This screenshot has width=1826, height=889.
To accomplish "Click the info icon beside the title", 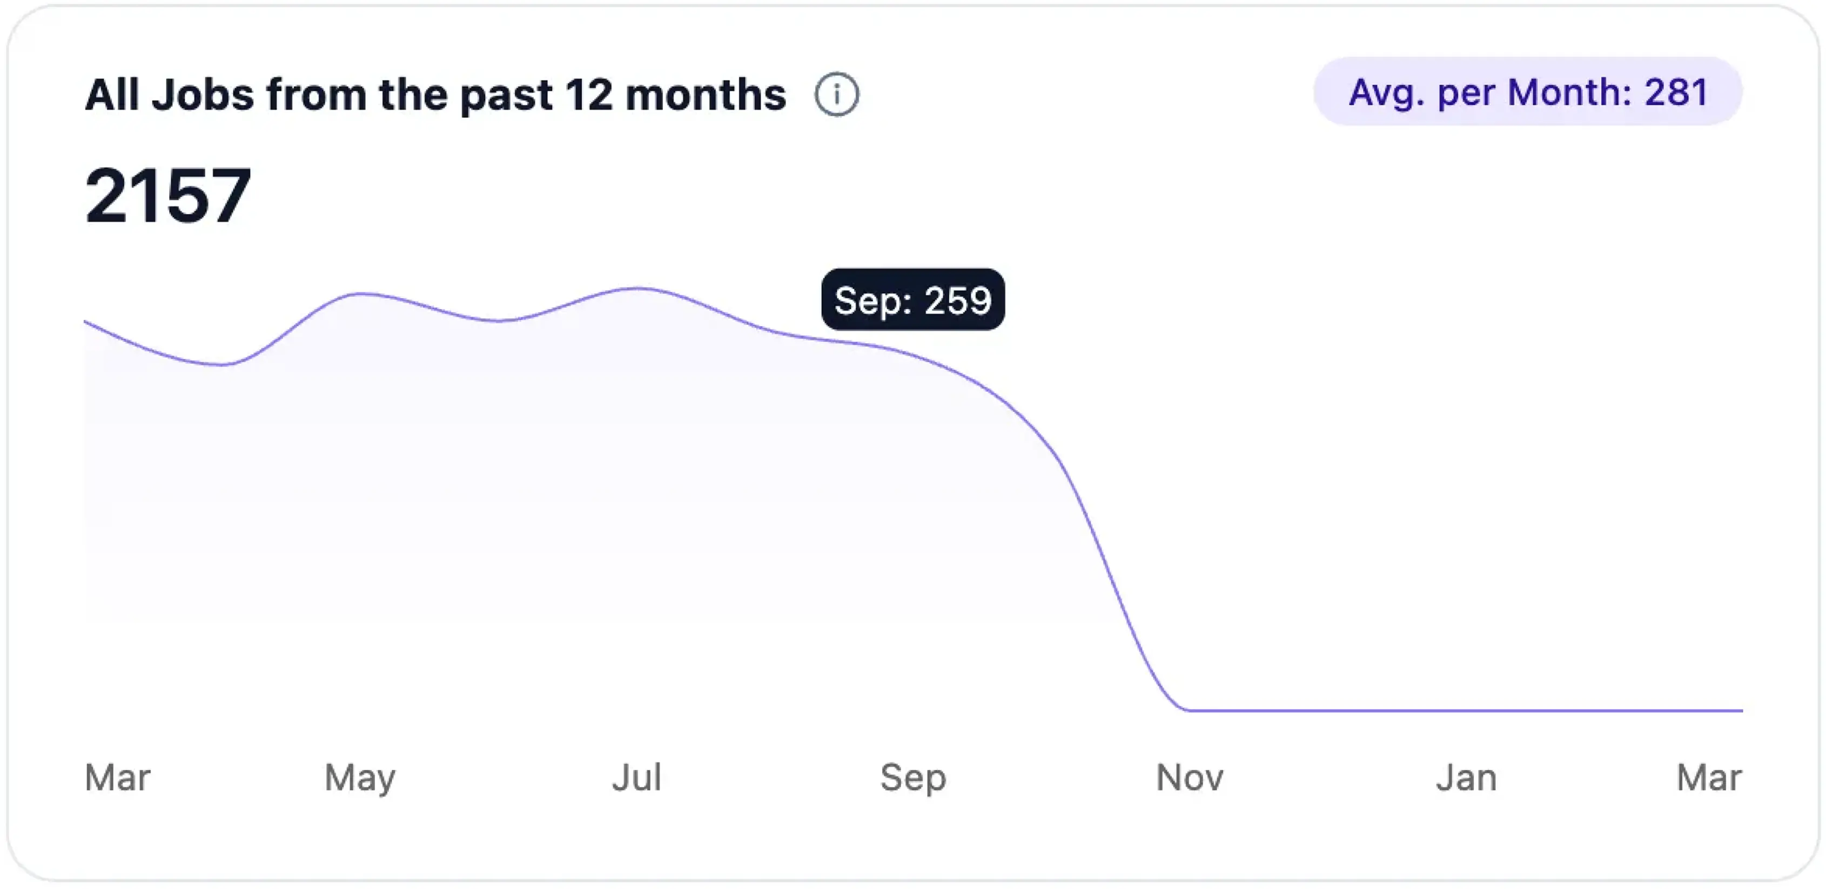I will point(836,94).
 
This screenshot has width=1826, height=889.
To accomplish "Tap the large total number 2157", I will point(168,196).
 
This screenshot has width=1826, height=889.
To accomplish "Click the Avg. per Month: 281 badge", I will point(1528,92).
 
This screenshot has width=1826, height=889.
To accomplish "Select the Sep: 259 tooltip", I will point(912,300).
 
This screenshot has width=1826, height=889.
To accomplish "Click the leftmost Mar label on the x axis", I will point(118,778).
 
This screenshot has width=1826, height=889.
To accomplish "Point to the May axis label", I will point(360,778).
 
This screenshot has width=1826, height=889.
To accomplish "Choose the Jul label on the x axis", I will point(636,778).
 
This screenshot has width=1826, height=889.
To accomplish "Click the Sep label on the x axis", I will point(913,778).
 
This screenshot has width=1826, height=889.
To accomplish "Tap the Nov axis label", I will point(1190,778).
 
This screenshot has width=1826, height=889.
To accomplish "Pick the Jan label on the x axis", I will point(1466,778).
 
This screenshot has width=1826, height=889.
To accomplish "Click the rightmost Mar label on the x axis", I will point(1708,778).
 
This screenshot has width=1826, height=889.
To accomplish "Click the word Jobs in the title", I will point(203,95).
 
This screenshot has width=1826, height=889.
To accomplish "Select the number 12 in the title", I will point(588,95).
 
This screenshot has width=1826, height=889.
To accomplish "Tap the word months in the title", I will point(706,95).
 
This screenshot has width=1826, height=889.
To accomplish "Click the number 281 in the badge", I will point(1676,92).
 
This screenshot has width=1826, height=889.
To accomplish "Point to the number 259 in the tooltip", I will point(957,300).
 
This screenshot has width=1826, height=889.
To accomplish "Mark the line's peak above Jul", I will point(638,289).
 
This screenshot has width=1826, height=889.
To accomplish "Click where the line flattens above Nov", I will point(1190,710).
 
